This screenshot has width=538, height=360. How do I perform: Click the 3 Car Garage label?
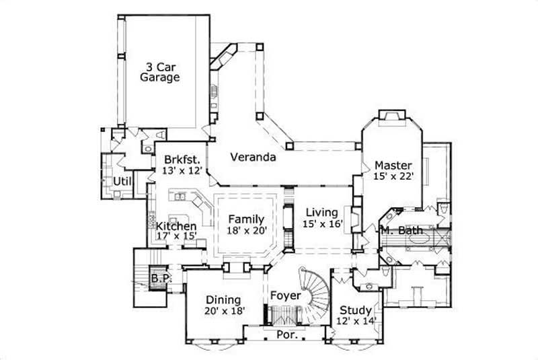(x=159, y=72)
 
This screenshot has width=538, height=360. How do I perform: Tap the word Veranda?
(x=253, y=157)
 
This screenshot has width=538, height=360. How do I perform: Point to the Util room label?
(x=121, y=181)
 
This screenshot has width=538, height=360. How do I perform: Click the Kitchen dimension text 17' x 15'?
(x=176, y=236)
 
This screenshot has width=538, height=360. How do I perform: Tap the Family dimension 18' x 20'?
(x=247, y=230)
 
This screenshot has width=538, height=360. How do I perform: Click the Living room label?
(x=321, y=213)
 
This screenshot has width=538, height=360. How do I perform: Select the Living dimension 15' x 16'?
(x=323, y=223)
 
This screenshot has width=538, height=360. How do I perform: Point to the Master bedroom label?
(x=393, y=165)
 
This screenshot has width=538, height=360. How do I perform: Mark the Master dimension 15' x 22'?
(x=393, y=176)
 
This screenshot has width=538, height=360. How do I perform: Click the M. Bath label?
(x=401, y=231)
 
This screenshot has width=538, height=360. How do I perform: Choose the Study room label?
(x=354, y=310)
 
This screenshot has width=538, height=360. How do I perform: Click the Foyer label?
(x=285, y=295)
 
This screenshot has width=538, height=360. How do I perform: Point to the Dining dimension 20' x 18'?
(x=225, y=311)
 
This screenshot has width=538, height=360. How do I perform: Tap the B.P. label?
(x=159, y=277)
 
